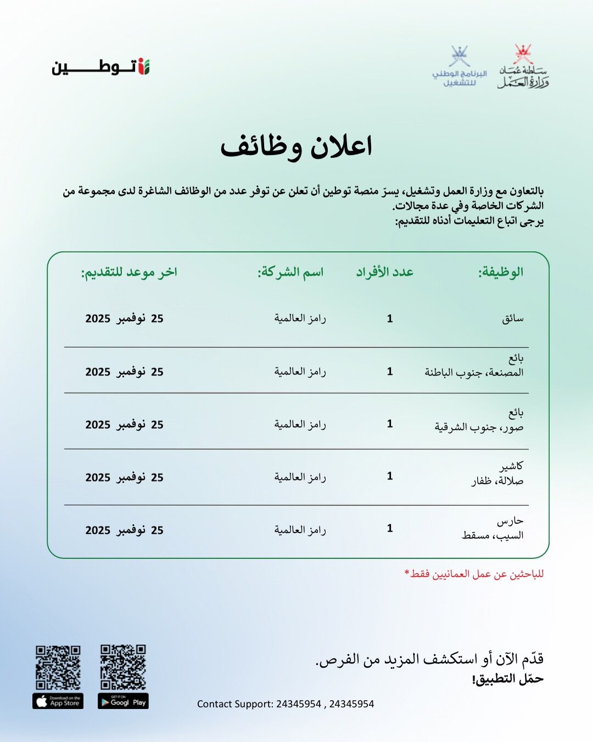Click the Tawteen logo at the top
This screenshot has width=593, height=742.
click(x=101, y=67)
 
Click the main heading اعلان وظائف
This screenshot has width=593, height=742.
click(x=296, y=146)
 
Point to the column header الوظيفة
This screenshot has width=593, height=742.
click(x=500, y=272)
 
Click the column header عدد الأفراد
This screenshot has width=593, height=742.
click(x=385, y=272)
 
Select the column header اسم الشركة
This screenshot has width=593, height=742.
click(x=290, y=272)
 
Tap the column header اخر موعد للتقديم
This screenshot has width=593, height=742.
click(x=129, y=272)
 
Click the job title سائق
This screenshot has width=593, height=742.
click(x=512, y=319)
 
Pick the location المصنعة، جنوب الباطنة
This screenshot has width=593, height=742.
click(x=474, y=373)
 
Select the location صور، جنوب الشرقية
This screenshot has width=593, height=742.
click(x=479, y=427)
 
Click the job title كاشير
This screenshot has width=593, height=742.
click(x=511, y=466)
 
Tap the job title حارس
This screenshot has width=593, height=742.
click(x=510, y=520)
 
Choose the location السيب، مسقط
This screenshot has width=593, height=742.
click(x=493, y=535)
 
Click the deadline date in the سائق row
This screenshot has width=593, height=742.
click(x=125, y=319)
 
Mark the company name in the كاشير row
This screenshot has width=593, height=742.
click(x=300, y=477)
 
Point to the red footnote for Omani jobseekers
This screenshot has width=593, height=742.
click(x=474, y=574)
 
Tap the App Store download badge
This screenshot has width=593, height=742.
click(x=58, y=702)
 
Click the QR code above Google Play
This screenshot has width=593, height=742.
click(x=123, y=667)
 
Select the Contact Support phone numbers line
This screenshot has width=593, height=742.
click(x=286, y=704)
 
